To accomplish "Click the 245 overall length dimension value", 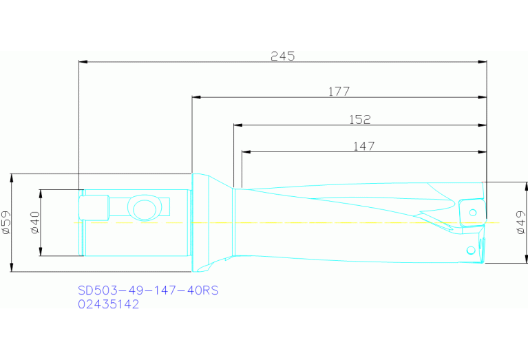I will click(282, 56).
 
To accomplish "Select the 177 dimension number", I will click(339, 91).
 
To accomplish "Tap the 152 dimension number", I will click(359, 119).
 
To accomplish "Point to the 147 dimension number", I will click(363, 146).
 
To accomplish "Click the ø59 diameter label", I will click(6, 223).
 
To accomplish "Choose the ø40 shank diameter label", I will click(35, 222).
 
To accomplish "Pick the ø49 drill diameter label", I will click(521, 223).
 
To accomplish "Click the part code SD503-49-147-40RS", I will click(148, 290).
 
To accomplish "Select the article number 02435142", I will click(108, 304).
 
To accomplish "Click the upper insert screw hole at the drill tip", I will click(473, 211).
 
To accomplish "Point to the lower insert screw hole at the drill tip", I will click(470, 249).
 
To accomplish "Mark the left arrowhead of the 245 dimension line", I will click(83, 63).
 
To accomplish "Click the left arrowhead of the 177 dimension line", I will click(195, 97).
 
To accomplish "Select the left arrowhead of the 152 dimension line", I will click(237, 125).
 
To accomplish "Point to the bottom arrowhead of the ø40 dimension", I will click(42, 253).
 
